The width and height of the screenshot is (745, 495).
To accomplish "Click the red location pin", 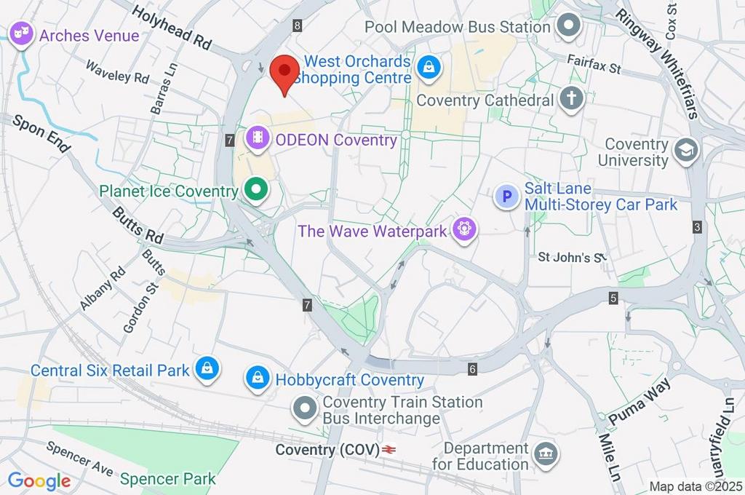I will pyautogui.click(x=284, y=74).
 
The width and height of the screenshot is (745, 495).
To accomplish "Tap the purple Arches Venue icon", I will pyautogui.click(x=22, y=34).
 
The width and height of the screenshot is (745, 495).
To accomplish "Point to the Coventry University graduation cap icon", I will pyautogui.click(x=685, y=151).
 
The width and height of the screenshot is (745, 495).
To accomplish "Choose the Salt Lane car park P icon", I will pyautogui.click(x=506, y=196).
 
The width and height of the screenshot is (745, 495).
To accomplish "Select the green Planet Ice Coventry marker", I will pyautogui.click(x=255, y=191).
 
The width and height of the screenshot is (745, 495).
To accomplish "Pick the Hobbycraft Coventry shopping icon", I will pyautogui.click(x=257, y=379).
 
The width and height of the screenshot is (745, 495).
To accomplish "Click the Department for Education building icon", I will pyautogui.click(x=545, y=455).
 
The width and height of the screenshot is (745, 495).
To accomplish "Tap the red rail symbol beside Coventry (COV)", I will pyautogui.click(x=389, y=450).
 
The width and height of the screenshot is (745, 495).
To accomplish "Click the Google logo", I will pyautogui.click(x=39, y=480).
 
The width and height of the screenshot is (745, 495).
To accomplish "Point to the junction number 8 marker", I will pyautogui.click(x=298, y=26).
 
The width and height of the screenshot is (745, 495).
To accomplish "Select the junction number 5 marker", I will pyautogui.click(x=613, y=298).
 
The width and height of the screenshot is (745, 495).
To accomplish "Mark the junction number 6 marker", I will pyautogui.click(x=472, y=370).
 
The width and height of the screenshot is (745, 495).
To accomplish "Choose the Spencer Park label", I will pyautogui.click(x=168, y=478).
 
